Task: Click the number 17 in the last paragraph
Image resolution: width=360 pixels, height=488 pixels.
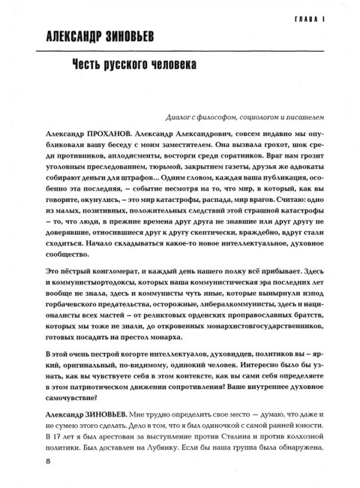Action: pyautogui.click(x=58, y=436)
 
